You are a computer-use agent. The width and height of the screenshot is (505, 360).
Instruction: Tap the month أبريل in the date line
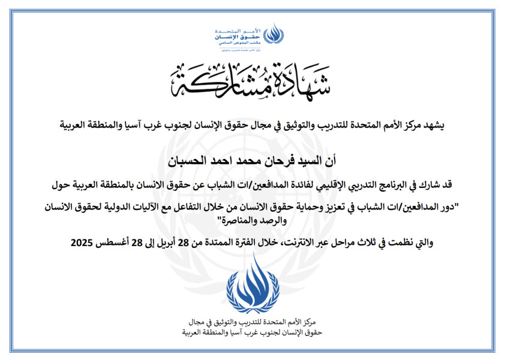166,243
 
